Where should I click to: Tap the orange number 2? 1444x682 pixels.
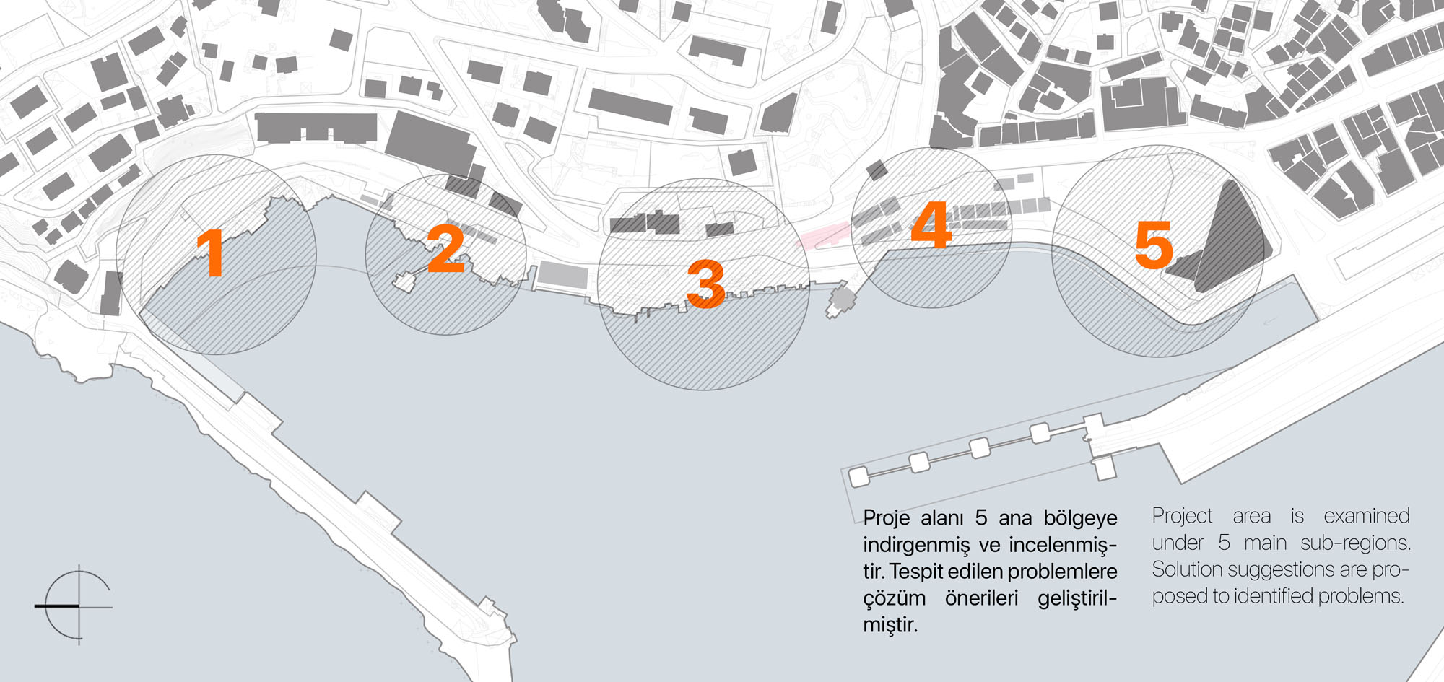(446, 248)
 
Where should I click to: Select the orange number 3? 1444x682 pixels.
(705, 284)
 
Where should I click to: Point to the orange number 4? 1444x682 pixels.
(931, 224)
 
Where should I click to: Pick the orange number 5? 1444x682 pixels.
(1154, 245)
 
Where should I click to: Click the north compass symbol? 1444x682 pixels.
(75, 605)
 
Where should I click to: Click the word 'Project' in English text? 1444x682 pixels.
(1182, 516)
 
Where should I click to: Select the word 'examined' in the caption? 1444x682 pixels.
(1367, 515)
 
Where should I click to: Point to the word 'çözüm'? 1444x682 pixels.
(895, 599)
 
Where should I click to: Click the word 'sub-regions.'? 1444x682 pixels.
(1355, 543)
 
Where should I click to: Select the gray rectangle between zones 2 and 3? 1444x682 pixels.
(564, 275)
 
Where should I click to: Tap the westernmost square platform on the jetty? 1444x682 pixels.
(858, 477)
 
